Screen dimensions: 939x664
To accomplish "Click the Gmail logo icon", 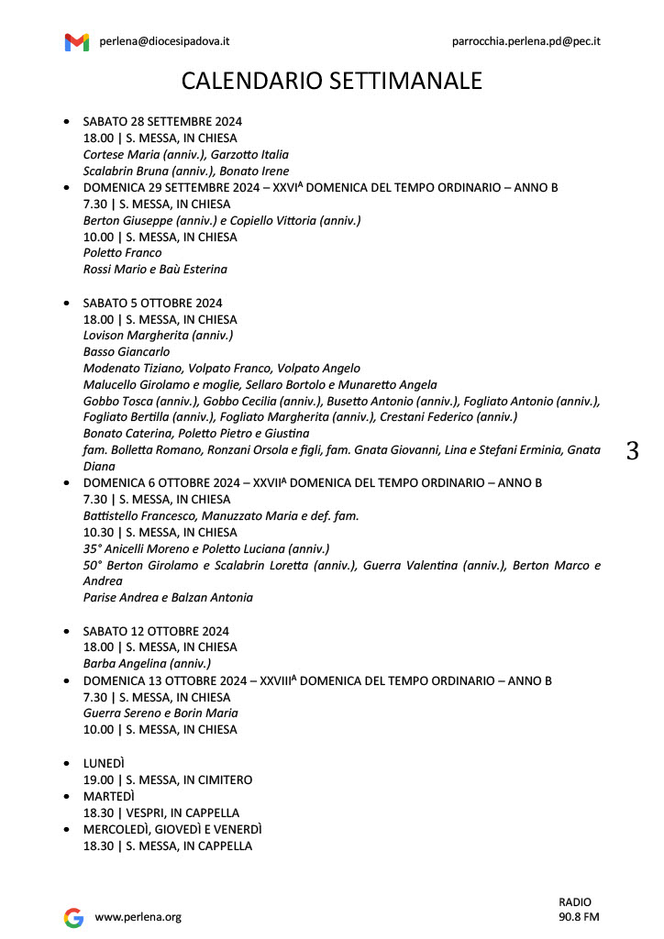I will click(x=77, y=42).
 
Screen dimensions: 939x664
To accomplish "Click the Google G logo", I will click(x=73, y=917).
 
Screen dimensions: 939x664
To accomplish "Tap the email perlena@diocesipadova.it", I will click(x=164, y=41).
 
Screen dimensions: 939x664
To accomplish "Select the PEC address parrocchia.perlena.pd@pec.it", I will click(x=526, y=41).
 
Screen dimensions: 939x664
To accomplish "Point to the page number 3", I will click(x=632, y=451).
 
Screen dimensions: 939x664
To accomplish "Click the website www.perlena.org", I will click(x=138, y=917).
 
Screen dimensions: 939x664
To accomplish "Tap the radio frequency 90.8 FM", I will click(x=579, y=917).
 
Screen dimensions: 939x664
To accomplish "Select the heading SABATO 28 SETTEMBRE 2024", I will click(x=162, y=121).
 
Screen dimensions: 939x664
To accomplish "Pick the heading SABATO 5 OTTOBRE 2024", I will click(x=152, y=303).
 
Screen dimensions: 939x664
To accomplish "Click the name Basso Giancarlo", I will click(x=127, y=351).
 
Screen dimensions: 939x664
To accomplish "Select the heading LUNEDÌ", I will click(x=104, y=763).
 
